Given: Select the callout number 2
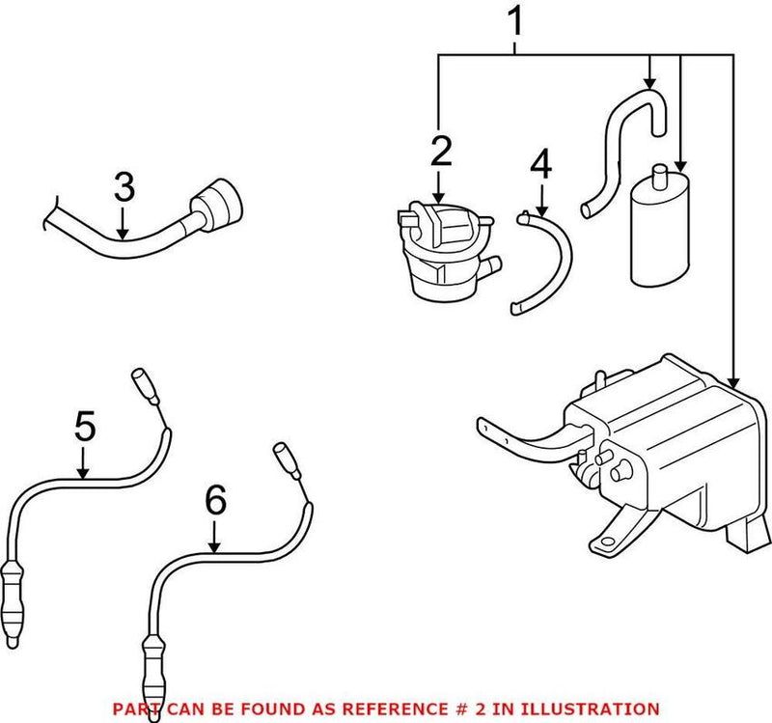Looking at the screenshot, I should (441, 151).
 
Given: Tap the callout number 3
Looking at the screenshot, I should (124, 188).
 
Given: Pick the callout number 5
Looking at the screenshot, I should (85, 426).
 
